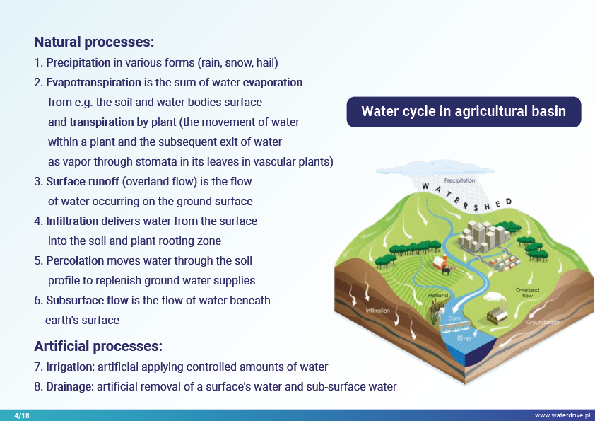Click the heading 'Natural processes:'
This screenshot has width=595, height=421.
click(94, 42)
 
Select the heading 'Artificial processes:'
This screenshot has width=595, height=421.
click(98, 346)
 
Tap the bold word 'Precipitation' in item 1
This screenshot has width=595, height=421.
click(78, 62)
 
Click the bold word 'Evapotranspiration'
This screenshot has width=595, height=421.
click(93, 83)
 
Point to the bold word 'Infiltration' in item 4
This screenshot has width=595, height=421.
click(72, 221)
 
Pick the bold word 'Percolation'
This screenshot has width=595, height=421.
click(75, 260)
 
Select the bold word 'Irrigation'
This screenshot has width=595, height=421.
click(69, 367)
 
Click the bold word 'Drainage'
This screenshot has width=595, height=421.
click(69, 387)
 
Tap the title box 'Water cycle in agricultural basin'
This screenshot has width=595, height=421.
click(464, 112)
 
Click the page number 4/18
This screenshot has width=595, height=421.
click(22, 415)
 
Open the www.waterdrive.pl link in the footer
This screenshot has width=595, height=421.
click(562, 415)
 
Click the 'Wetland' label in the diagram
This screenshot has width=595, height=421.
click(437, 295)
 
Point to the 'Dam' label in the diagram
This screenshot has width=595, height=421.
click(454, 318)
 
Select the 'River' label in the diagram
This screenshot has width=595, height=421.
click(464, 338)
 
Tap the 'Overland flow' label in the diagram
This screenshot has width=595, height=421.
click(527, 292)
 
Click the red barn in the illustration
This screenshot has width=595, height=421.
click(440, 263)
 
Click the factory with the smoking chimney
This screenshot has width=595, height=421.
click(497, 312)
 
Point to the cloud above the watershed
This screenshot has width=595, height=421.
click(435, 168)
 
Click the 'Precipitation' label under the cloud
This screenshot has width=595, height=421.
click(459, 180)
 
